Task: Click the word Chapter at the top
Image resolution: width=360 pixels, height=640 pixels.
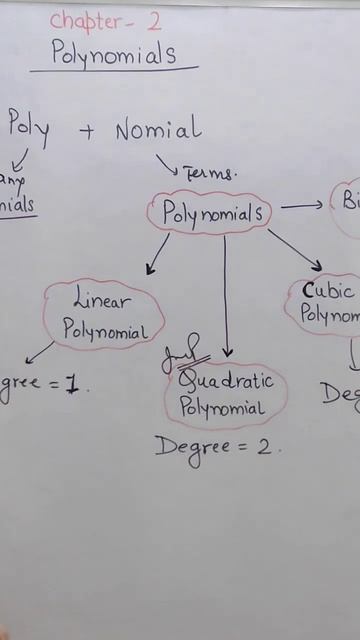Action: pyautogui.click(x=90, y=20)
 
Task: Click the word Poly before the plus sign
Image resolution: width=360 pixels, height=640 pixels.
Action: pyautogui.click(x=29, y=128)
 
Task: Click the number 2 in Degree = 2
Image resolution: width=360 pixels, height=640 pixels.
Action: pyautogui.click(x=265, y=447)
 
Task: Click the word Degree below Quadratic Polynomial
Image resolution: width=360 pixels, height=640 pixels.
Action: pyautogui.click(x=193, y=448)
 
